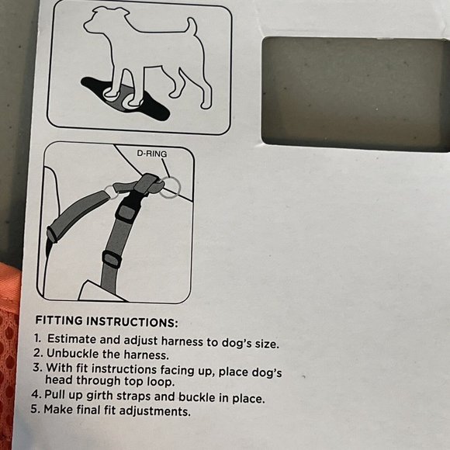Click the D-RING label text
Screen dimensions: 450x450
point(152,154)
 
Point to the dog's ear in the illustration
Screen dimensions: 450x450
point(123,13)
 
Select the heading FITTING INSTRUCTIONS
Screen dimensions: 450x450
point(106,321)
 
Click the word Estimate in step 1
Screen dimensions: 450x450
point(71,339)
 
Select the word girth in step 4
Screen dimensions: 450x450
point(99,396)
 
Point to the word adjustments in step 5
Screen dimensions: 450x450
point(154,411)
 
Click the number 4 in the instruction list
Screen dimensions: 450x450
point(36,394)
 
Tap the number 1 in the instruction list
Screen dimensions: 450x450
point(37,338)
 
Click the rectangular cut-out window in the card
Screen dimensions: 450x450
point(356,93)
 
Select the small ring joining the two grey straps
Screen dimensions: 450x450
point(111,192)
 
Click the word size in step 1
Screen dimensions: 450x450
point(267,343)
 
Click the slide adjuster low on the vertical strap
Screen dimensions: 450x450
point(112,259)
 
